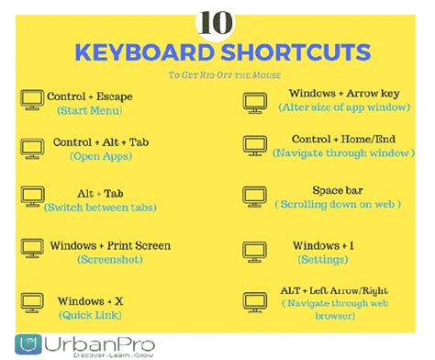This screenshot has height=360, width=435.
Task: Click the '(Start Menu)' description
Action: click(x=94, y=110)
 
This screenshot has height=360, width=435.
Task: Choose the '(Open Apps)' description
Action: click(x=95, y=157)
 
